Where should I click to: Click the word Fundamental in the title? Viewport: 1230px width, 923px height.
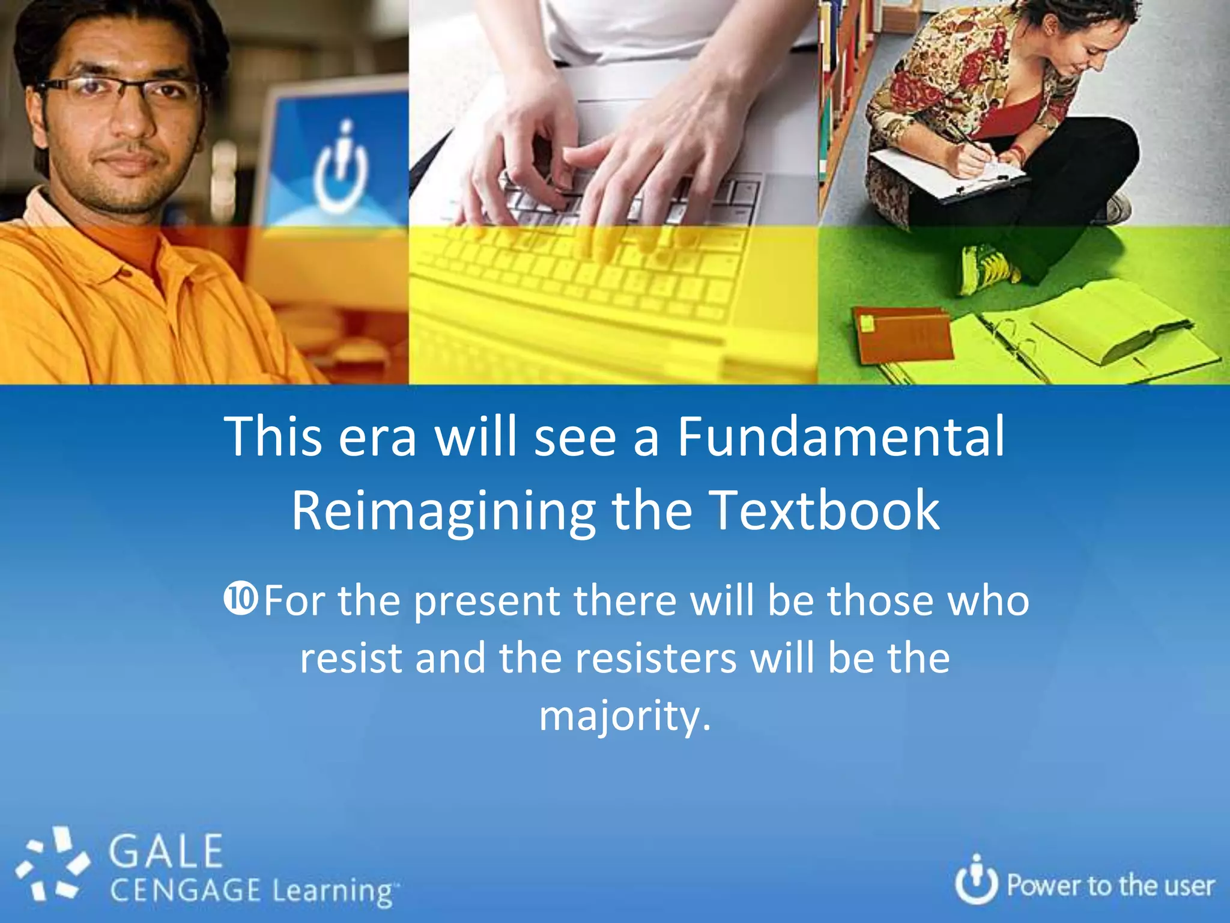point(841,436)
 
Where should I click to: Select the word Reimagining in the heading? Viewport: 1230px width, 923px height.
point(443,510)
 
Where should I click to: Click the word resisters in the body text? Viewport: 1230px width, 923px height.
point(655,658)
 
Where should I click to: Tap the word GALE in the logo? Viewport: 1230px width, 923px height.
point(166,851)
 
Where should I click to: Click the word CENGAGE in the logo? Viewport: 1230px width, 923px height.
point(185,890)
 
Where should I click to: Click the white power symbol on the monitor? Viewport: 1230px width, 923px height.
point(341,171)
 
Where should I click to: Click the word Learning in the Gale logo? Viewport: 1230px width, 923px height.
point(333,891)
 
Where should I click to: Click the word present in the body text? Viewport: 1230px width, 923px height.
point(486,601)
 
